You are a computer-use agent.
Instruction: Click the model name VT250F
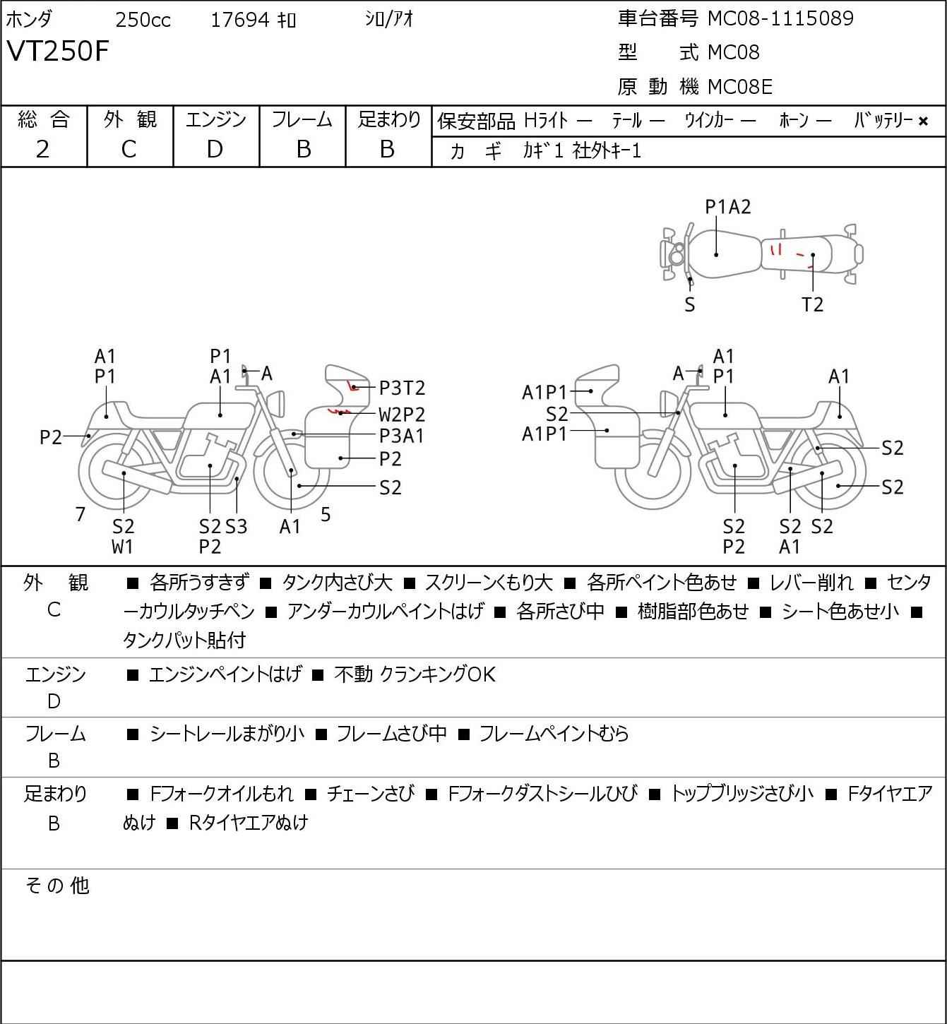click(x=58, y=51)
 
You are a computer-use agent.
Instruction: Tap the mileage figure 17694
click(x=240, y=20)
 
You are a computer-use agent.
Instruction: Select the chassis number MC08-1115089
click(x=780, y=18)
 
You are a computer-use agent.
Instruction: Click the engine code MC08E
click(x=740, y=87)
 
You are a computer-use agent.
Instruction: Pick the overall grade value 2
click(x=43, y=150)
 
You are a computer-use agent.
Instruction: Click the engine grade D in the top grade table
click(x=215, y=150)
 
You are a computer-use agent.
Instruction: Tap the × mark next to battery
click(x=923, y=121)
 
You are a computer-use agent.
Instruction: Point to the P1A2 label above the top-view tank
click(x=728, y=207)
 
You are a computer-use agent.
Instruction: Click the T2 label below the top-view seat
click(x=812, y=304)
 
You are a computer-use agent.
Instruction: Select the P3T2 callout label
click(x=403, y=388)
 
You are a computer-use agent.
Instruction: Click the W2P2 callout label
click(x=402, y=414)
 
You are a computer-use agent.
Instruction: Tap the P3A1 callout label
click(x=402, y=436)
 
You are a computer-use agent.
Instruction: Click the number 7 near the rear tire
click(x=80, y=514)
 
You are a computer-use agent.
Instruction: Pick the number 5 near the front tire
click(x=326, y=514)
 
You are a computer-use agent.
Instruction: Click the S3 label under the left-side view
click(x=237, y=526)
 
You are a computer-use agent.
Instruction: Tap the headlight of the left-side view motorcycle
click(x=277, y=404)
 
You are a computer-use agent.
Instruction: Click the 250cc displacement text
click(x=143, y=20)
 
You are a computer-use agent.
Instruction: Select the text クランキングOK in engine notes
click(x=438, y=674)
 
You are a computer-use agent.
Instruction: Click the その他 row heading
click(x=57, y=886)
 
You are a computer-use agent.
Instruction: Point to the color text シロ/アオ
click(x=389, y=19)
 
